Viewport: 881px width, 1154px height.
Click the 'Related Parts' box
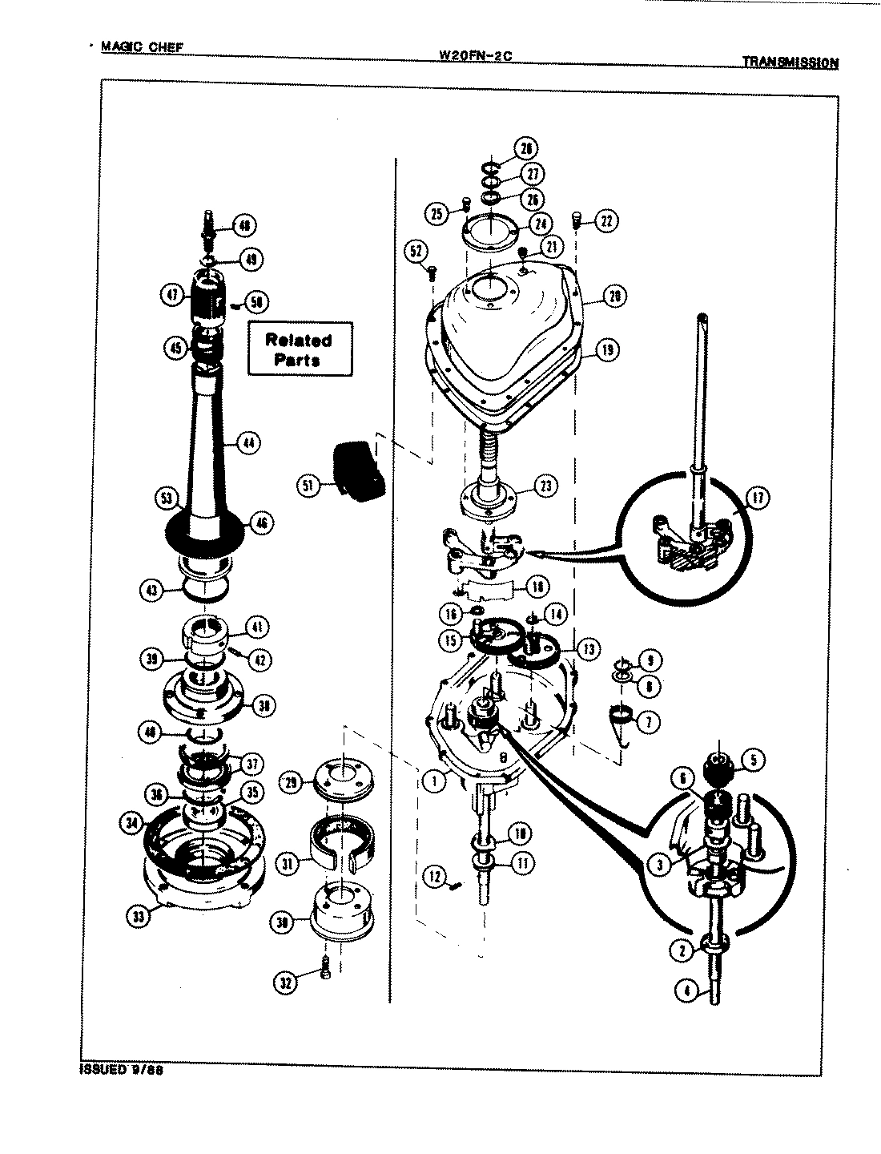click(x=299, y=349)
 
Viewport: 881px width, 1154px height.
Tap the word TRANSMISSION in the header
click(x=790, y=62)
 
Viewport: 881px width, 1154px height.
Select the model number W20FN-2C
click(x=475, y=56)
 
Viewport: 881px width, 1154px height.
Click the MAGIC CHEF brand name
click(x=142, y=46)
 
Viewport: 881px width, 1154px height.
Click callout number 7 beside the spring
click(x=647, y=722)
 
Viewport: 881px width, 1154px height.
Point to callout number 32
click(x=286, y=981)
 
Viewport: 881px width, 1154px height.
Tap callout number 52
click(x=416, y=252)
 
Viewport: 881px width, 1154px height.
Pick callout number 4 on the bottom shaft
click(x=685, y=991)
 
